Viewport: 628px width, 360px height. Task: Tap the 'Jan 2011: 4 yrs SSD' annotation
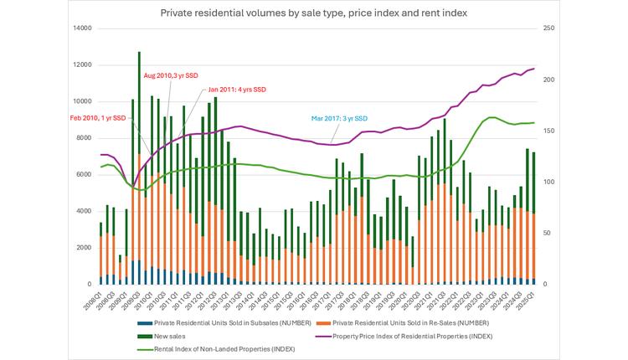(x=237, y=90)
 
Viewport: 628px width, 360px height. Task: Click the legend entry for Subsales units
(x=208, y=321)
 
